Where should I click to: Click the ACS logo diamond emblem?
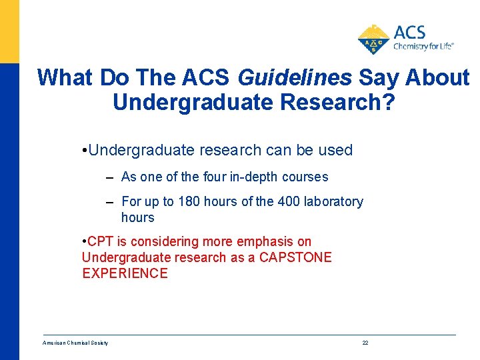coord(374,39)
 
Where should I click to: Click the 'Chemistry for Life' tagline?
coord(423,47)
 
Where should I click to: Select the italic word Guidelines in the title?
coord(294,78)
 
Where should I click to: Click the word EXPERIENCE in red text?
coord(125,273)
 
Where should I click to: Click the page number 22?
coord(365,343)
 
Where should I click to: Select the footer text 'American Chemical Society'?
coord(75,343)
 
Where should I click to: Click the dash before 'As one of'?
coord(109,177)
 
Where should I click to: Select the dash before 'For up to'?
coord(109,202)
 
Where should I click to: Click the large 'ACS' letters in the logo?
coord(409,32)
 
